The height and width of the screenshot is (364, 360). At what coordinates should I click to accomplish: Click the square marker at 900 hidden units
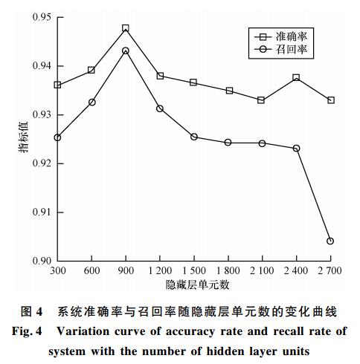(x=126, y=28)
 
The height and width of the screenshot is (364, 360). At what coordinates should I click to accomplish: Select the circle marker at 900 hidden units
(x=126, y=51)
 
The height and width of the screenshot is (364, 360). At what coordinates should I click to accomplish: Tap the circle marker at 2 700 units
(x=330, y=241)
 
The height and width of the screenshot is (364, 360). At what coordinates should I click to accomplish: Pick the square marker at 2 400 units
(x=296, y=77)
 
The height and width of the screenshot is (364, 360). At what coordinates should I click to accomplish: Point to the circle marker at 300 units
(x=57, y=137)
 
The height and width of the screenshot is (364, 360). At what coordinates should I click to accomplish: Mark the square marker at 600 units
(x=91, y=70)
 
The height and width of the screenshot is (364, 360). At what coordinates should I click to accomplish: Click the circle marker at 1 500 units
(x=194, y=137)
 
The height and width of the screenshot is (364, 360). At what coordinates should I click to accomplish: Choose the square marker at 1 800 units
(x=229, y=91)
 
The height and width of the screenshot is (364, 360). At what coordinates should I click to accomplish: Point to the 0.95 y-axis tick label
(x=42, y=17)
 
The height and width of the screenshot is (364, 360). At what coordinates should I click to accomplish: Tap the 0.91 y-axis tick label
(x=42, y=212)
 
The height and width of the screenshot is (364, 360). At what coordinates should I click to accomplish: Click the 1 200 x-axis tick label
(x=160, y=270)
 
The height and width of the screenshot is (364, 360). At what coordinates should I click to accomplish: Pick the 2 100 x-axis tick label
(x=262, y=270)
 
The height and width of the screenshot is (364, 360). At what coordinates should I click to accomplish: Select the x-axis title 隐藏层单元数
(x=197, y=285)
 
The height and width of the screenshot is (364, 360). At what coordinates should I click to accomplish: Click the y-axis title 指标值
(x=24, y=137)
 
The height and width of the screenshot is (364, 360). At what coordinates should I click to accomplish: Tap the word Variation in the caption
(x=83, y=331)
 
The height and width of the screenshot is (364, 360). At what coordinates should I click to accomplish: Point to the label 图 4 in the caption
(x=31, y=311)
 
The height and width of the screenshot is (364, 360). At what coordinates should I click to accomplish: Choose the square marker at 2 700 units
(x=331, y=100)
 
